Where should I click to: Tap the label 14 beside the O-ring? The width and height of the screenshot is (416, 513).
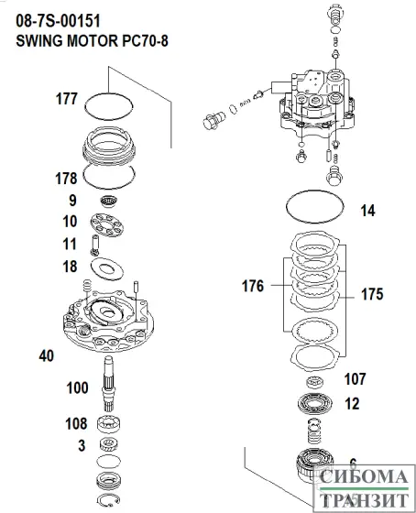367,211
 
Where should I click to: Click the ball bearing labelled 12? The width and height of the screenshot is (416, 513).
314,403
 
